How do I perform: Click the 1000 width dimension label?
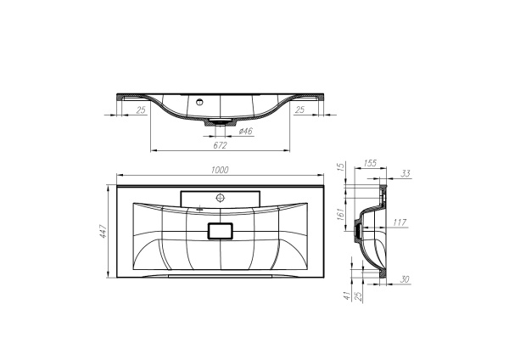pos(219,171)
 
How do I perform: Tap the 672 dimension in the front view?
pos(220,144)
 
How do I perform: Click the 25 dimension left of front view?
pos(141,110)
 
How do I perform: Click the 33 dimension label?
pos(405,174)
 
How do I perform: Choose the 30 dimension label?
pos(405,278)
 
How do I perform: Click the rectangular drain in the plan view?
pos(220,230)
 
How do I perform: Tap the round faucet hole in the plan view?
pos(220,197)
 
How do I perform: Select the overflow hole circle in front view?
pos(201,103)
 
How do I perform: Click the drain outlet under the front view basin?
pos(220,124)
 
